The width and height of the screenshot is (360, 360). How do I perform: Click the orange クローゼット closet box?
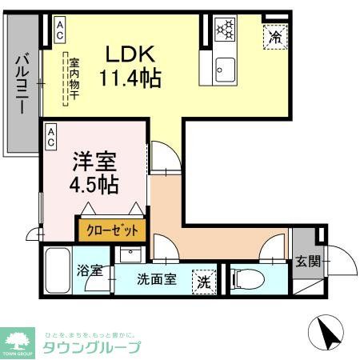point(112,230)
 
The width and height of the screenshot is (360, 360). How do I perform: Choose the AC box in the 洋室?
point(50,137)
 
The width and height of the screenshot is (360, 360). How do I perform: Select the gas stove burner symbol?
point(225,30)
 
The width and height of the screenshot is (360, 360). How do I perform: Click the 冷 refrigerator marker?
point(274,37)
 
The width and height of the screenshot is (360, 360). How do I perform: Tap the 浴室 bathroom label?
point(90,270)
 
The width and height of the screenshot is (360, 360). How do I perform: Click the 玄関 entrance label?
point(308,261)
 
